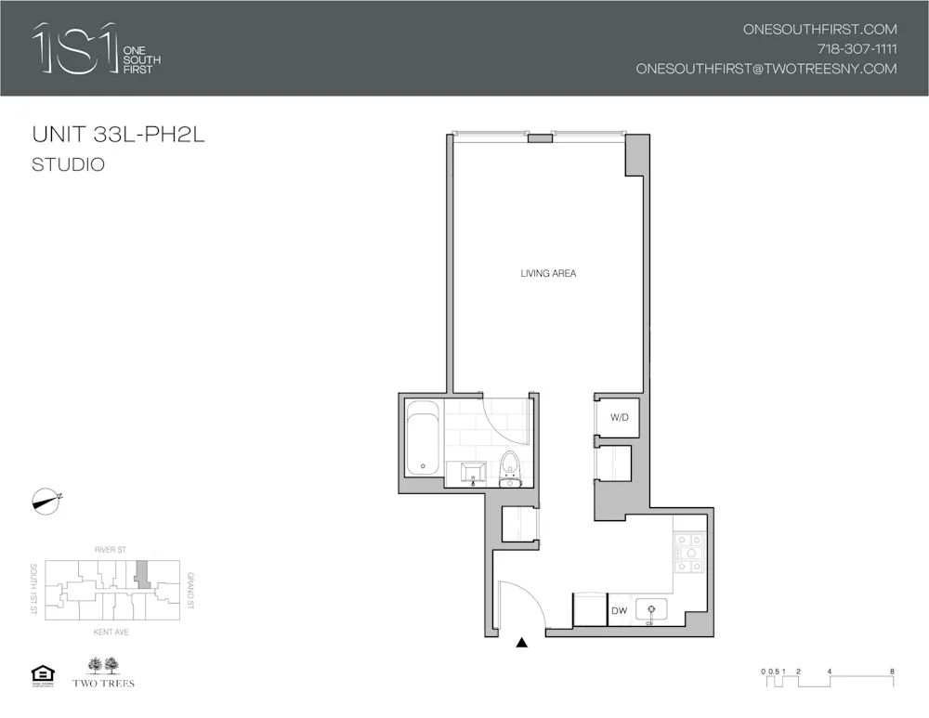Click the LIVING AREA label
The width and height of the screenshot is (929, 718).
click(x=549, y=273)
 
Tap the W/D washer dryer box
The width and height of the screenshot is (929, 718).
click(x=619, y=418)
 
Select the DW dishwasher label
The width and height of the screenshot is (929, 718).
click(x=620, y=611)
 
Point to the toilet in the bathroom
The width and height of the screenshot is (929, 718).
click(x=510, y=467)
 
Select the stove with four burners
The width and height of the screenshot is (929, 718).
click(x=689, y=555)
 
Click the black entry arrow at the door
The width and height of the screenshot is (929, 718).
click(x=522, y=642)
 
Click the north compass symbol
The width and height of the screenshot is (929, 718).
click(x=46, y=500)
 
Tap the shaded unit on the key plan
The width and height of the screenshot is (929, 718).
click(x=141, y=572)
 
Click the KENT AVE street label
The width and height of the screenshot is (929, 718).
click(x=110, y=633)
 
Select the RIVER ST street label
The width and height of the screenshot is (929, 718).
click(x=110, y=550)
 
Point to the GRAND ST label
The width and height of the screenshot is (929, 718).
click(x=190, y=591)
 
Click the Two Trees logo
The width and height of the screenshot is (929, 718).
click(x=103, y=672)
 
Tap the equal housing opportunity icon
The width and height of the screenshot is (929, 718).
click(x=43, y=673)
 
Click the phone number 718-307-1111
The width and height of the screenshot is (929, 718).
click(x=857, y=49)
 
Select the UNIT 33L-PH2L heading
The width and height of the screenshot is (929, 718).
click(x=118, y=135)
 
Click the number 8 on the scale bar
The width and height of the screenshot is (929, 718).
click(x=892, y=671)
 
